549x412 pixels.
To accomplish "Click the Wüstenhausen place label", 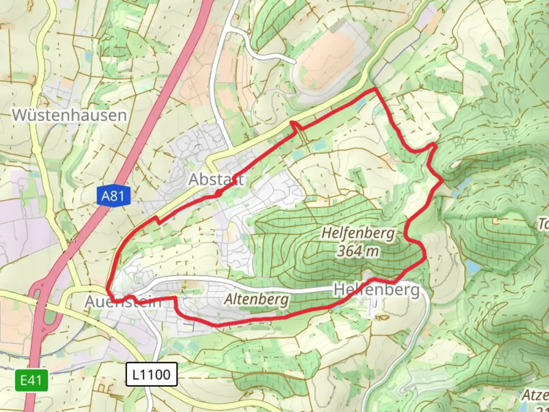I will coord(69,115).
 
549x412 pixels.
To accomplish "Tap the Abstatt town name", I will coord(216,179).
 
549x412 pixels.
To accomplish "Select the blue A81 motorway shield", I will coord(113,196).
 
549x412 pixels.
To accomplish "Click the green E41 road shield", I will coord(31,380).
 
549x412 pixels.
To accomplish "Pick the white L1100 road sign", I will coord(151,375).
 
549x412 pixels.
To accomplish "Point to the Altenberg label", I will coord(256,299).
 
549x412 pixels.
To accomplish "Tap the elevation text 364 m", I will coord(358,251).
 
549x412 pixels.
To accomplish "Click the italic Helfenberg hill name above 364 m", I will coord(358,233).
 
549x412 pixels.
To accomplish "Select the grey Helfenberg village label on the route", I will coord(377,290).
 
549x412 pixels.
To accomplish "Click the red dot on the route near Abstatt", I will coord(218,194).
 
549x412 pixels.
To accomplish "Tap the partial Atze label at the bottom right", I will coord(535,395).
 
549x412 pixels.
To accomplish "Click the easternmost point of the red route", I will coord(442,180).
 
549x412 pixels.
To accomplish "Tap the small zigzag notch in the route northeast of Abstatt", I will coord(295,126).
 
